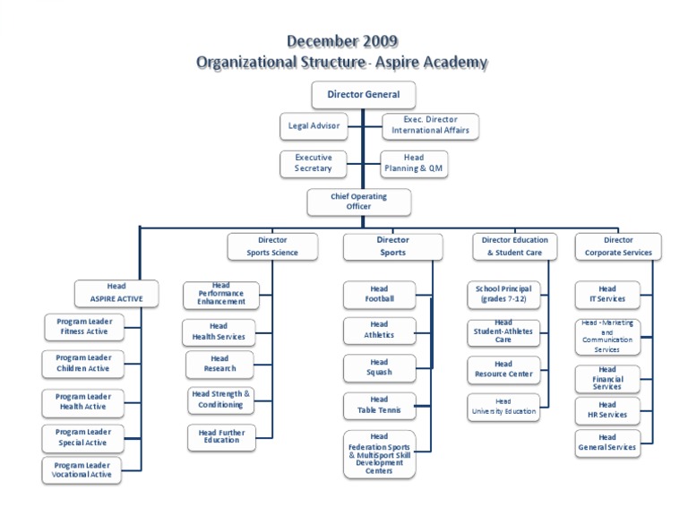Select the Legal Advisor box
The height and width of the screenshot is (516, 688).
(x=313, y=125)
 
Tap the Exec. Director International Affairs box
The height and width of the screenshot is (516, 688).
(x=430, y=125)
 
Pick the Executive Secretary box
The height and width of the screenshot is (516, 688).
(x=313, y=163)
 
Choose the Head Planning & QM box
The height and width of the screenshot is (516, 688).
(x=413, y=163)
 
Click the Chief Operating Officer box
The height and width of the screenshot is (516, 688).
(x=358, y=202)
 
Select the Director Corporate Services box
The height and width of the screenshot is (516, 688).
(x=618, y=246)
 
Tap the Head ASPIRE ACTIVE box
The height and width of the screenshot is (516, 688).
(x=116, y=292)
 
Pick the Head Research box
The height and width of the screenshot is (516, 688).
(x=220, y=364)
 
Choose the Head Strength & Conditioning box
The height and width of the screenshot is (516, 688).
(x=220, y=400)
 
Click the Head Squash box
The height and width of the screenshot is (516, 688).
(x=379, y=367)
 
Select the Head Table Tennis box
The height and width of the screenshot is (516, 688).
(x=379, y=405)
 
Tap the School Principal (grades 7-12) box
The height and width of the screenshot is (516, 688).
(x=503, y=294)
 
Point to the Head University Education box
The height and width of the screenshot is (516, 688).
(x=503, y=407)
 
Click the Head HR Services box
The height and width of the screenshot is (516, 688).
(x=607, y=410)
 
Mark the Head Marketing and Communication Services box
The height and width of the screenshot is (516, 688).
(x=607, y=337)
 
